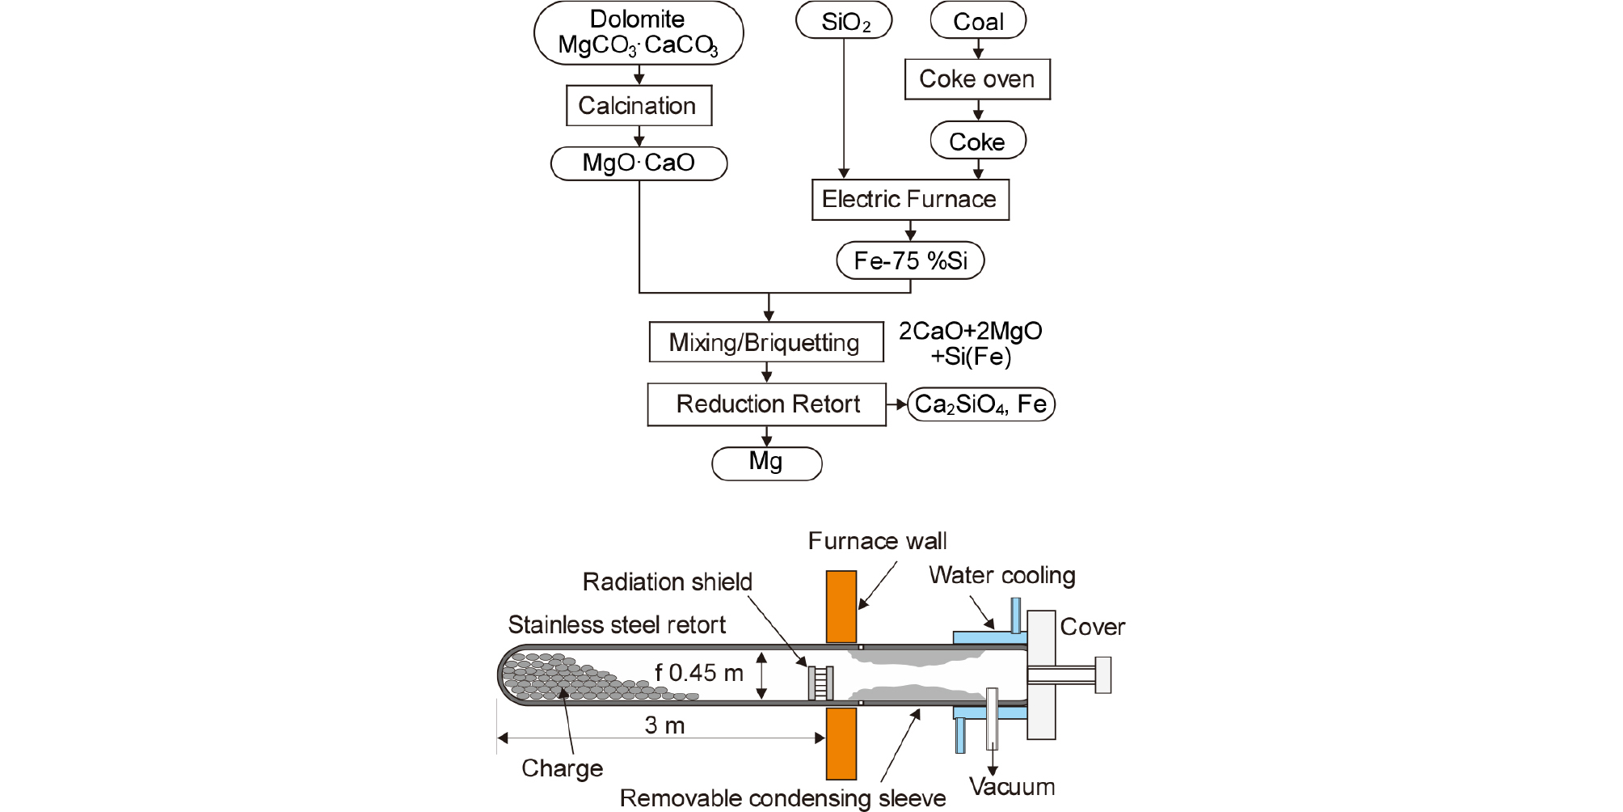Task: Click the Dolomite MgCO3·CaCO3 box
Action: coord(639,32)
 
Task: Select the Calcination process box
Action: coord(639,106)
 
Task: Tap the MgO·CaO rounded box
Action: coord(639,163)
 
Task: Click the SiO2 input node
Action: coord(844,21)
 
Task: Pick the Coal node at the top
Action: coord(978,21)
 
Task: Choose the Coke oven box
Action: coord(977,79)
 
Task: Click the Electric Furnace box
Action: coord(910,200)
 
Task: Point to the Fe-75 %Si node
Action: coord(910,260)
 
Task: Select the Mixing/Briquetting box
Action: coord(765,342)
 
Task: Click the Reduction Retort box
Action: coord(767,404)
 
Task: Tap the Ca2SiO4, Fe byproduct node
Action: coord(980,404)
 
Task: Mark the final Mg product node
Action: coord(766,463)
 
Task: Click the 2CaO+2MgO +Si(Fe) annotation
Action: coord(971,343)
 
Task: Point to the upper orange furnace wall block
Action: coord(841,607)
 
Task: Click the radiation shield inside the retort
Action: coord(821,683)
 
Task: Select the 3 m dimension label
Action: coord(664,725)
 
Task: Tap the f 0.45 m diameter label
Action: coord(699,673)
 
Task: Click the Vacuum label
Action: coord(1012,787)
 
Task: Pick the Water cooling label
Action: coord(1002,575)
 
